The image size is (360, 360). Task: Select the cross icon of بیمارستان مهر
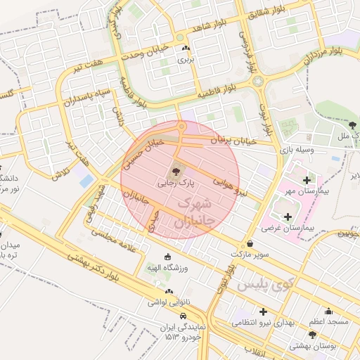tap(305, 180)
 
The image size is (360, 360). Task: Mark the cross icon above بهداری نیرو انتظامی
tap(264, 311)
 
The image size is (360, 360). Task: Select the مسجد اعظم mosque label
tap(327, 321)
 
